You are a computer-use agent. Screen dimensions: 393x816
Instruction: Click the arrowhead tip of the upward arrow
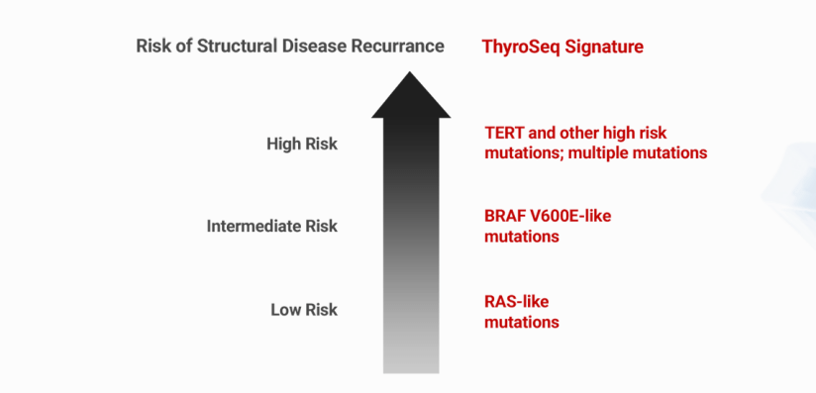coord(410,71)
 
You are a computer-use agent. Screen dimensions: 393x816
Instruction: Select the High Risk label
coord(301,145)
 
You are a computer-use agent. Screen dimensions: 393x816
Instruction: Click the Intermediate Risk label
coord(271,227)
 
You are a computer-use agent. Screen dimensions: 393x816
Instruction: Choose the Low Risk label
coord(303,310)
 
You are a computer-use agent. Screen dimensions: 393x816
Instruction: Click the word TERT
coord(505,132)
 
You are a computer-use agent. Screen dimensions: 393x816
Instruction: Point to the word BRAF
coord(505,215)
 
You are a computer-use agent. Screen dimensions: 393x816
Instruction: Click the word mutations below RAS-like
coord(522,322)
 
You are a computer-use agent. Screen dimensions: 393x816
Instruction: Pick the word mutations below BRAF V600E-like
coord(522,237)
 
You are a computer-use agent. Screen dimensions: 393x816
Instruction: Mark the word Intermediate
coord(251,227)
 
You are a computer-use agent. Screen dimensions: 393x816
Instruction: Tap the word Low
coord(285,310)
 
